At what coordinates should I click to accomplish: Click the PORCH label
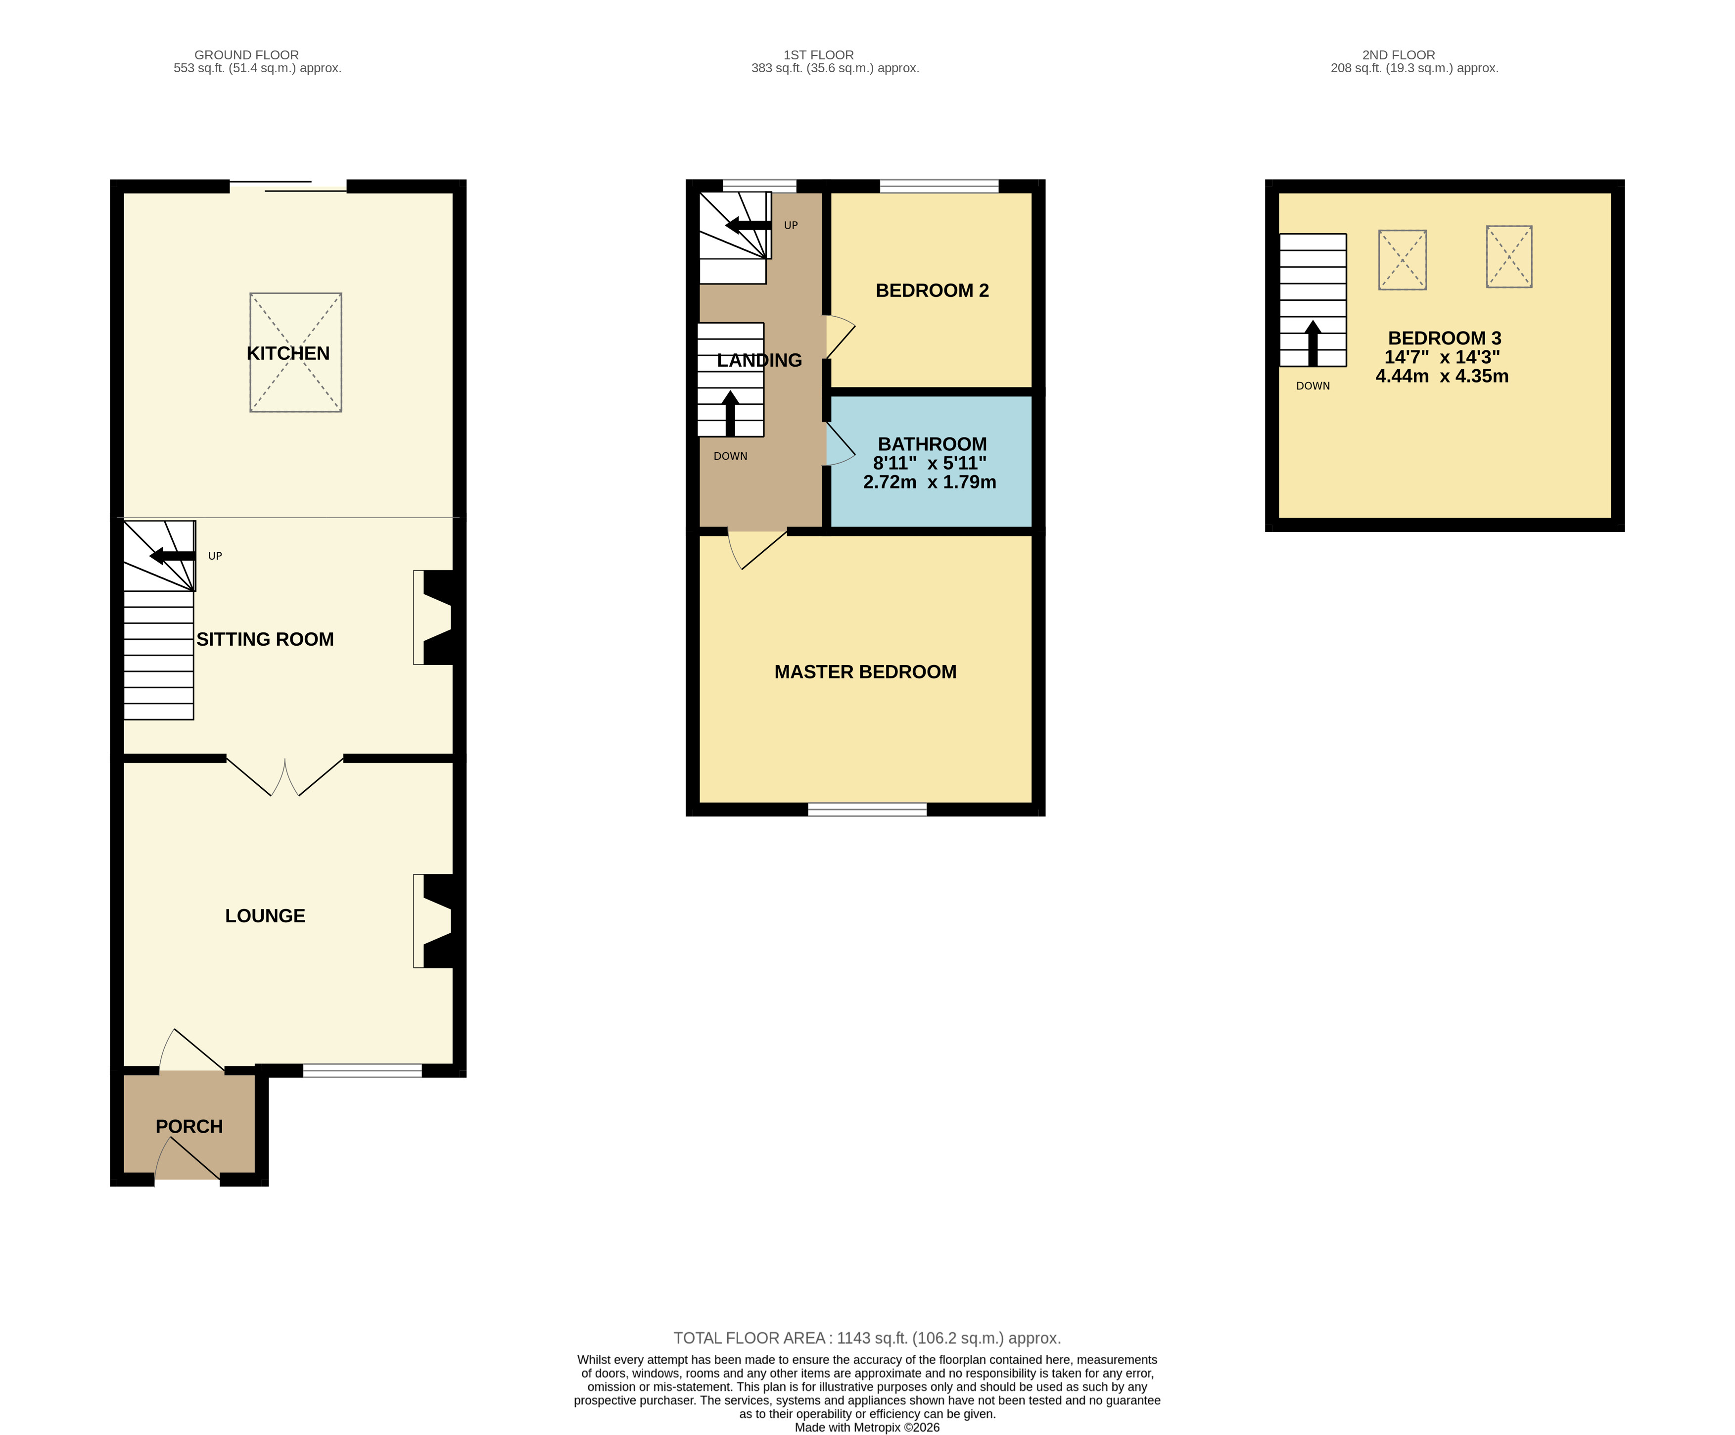coord(189,1126)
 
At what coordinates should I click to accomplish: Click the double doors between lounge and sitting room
coord(285,776)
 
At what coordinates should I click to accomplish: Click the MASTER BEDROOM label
coord(865,671)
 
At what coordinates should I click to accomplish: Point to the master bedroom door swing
coord(753,549)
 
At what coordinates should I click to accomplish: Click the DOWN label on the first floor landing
coord(730,456)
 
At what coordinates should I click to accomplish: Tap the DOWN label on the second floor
coord(1313,386)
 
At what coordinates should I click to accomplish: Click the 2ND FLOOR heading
coord(1398,54)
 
